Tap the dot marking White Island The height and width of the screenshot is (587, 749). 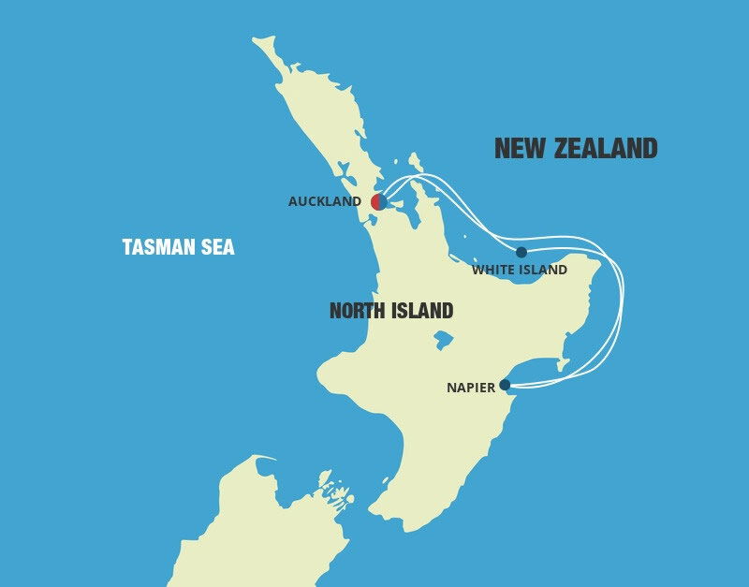tap(521, 252)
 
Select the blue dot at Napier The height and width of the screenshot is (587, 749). tap(505, 385)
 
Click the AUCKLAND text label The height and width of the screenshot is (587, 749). tap(325, 201)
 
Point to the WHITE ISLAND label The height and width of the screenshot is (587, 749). tap(520, 270)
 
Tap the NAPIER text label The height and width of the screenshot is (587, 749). tap(471, 388)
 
